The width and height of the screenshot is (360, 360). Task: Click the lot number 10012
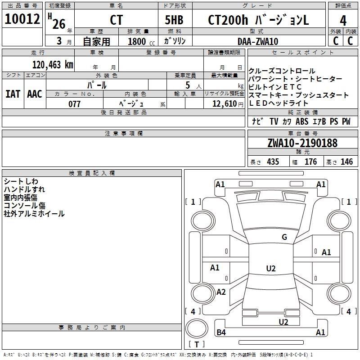[22, 19]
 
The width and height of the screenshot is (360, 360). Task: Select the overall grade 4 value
[343, 21]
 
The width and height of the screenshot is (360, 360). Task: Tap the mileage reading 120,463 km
[53, 65]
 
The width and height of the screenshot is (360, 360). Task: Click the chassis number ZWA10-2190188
[302, 143]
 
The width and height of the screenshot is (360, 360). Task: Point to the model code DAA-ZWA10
[258, 41]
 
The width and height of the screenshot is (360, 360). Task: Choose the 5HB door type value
[174, 20]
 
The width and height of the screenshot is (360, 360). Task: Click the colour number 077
[74, 104]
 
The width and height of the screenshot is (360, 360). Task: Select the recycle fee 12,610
[224, 104]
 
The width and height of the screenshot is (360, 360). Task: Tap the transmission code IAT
[13, 94]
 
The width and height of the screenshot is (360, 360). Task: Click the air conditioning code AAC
[35, 94]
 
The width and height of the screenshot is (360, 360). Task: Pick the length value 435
[273, 162]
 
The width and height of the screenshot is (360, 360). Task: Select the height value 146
[346, 162]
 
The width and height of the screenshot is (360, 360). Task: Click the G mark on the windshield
[284, 237]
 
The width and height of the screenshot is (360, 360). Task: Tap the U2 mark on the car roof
[271, 268]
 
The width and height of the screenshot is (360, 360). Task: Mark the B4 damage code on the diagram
[221, 332]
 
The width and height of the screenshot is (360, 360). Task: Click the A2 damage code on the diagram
[221, 292]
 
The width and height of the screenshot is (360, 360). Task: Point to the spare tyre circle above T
[197, 328]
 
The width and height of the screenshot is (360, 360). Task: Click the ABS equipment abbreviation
[302, 121]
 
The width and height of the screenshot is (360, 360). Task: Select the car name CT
[116, 20]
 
